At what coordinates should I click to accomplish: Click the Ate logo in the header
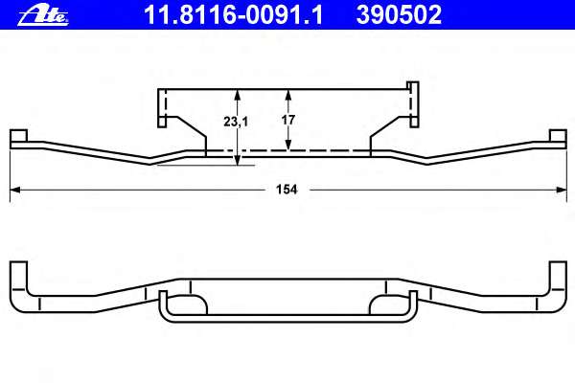(43, 16)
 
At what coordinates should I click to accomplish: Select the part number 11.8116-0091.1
(234, 15)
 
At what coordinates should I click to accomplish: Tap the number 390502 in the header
(399, 15)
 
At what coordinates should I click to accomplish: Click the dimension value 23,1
(236, 122)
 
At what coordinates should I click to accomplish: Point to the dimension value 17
(288, 120)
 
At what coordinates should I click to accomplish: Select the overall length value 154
(287, 190)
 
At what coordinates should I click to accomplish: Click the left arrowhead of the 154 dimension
(14, 190)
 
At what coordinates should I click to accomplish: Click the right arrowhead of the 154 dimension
(562, 190)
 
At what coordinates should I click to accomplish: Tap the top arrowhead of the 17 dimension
(288, 95)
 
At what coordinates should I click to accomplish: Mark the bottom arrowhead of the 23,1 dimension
(238, 160)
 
